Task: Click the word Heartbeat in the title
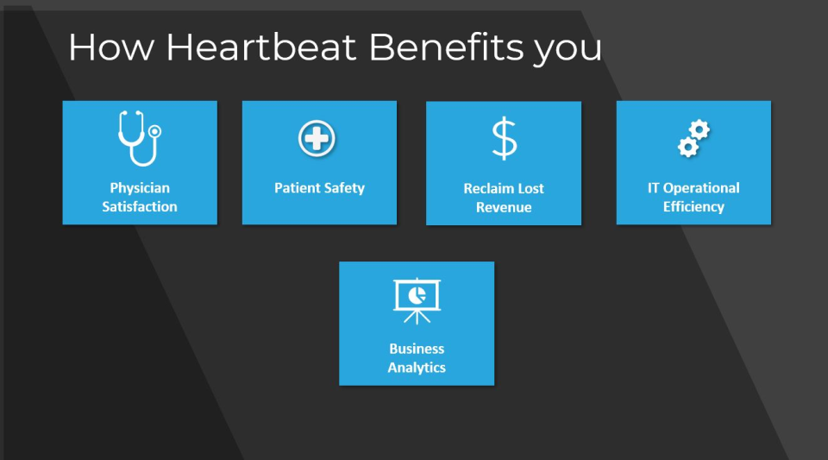[261, 47]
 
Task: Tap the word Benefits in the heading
[446, 47]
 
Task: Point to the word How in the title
[111, 47]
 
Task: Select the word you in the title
[568, 52]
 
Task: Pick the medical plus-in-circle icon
[317, 139]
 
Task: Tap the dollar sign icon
[505, 138]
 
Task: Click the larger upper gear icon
[699, 129]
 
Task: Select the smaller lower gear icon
[688, 147]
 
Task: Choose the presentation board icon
[417, 301]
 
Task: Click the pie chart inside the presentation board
[417, 295]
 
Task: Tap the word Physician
[140, 188]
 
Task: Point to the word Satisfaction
[140, 206]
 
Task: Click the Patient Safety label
[319, 188]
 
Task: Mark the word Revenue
[504, 207]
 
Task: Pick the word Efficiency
[693, 206]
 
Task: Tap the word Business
[417, 349]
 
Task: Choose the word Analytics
[417, 368]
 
